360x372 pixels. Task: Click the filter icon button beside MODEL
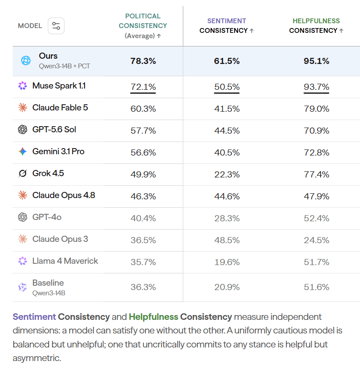tap(56, 26)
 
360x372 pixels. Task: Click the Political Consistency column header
tap(143, 26)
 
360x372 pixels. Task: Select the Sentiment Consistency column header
tap(227, 26)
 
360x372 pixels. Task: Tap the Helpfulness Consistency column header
tap(316, 26)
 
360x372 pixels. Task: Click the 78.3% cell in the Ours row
tap(143, 61)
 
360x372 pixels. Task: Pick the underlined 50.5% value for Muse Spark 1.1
tap(227, 87)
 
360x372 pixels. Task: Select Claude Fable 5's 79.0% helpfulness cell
tap(317, 109)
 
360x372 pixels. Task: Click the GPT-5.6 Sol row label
tap(54, 130)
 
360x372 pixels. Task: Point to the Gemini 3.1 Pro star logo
tap(23, 151)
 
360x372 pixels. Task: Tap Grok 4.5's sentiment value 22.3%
tap(227, 175)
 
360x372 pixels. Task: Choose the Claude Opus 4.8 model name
tap(64, 195)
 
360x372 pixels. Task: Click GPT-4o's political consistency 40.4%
tap(143, 218)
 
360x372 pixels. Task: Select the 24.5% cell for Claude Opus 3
tap(317, 240)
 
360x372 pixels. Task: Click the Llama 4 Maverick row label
tap(65, 261)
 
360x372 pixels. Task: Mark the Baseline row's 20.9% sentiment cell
tap(227, 287)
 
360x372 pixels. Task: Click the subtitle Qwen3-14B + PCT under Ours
tap(64, 66)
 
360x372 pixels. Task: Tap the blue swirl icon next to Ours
tap(26, 60)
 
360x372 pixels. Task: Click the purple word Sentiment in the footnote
tap(34, 317)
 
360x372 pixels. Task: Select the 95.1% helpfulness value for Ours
tap(317, 61)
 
